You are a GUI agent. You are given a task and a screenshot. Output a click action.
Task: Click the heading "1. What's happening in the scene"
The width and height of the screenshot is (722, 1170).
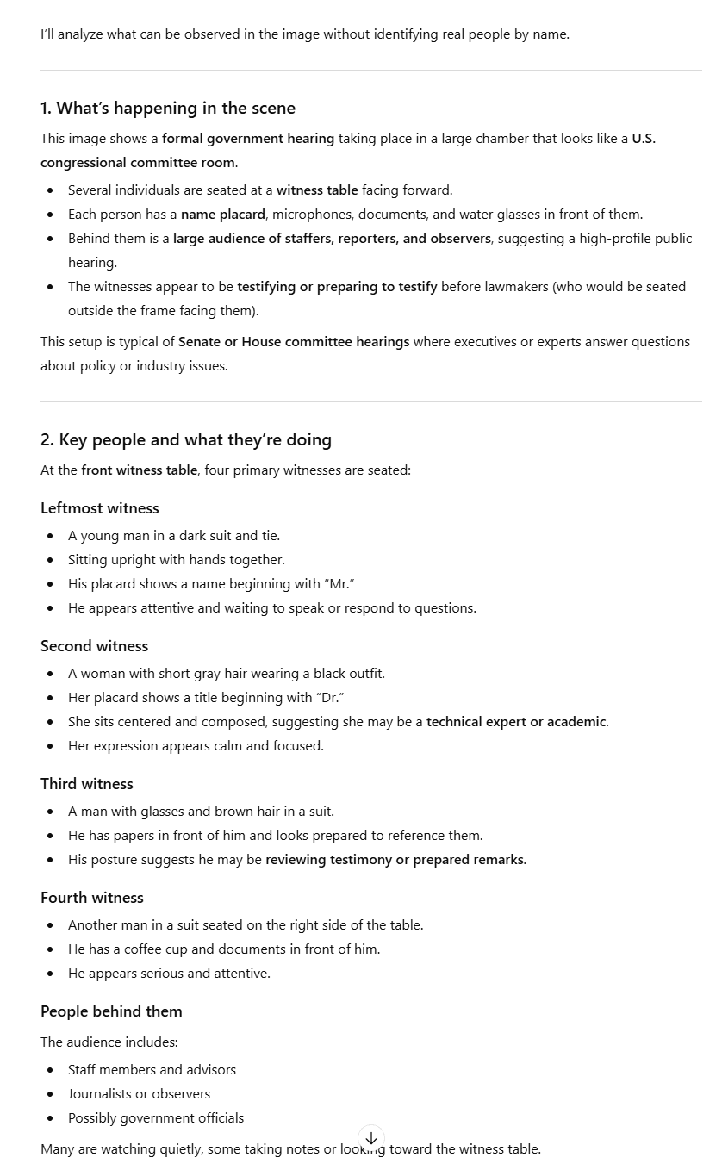click(168, 108)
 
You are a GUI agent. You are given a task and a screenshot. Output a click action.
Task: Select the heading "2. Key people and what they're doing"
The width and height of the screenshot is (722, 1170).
click(186, 439)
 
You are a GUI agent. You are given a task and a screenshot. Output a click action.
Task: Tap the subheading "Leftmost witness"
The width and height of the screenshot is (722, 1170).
click(100, 508)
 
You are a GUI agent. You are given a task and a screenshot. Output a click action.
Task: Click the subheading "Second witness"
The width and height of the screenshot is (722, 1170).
click(95, 646)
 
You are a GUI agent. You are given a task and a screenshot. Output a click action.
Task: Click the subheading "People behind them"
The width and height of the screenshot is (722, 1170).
click(111, 1011)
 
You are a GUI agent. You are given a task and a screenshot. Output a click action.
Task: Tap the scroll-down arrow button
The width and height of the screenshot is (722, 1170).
click(371, 1138)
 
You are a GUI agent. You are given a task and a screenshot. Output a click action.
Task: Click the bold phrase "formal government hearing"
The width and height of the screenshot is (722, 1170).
click(248, 139)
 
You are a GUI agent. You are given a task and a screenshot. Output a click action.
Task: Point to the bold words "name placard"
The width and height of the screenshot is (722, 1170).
click(222, 215)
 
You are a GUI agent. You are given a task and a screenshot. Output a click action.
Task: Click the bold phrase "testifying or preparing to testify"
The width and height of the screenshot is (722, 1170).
click(337, 287)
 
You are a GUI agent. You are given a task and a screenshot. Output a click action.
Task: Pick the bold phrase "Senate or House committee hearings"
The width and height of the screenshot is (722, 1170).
click(294, 342)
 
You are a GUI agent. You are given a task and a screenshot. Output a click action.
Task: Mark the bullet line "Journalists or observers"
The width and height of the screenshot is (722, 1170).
click(140, 1094)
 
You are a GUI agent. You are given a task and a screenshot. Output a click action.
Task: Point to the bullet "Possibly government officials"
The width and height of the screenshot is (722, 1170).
click(156, 1118)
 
